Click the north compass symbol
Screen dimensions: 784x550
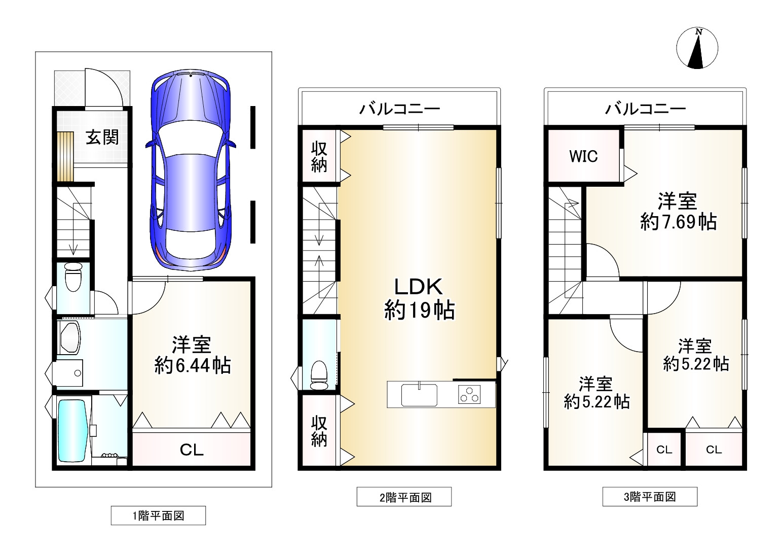point(697,48)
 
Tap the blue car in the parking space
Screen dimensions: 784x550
point(191,169)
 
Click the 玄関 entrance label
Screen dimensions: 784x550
point(102,137)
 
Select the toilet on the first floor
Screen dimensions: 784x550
point(73,277)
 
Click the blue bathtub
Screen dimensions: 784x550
point(72,431)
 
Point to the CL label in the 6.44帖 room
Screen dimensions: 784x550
point(192,450)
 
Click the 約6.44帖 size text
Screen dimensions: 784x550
point(193,365)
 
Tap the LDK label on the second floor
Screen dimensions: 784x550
point(419,287)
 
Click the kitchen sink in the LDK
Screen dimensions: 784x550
point(419,395)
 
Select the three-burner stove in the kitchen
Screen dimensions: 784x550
point(469,394)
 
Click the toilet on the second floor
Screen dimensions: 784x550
point(319,375)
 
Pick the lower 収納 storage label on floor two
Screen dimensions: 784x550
point(319,431)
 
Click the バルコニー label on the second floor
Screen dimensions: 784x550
point(400,109)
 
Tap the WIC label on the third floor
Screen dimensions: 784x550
point(583,157)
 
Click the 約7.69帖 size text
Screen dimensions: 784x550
point(678,222)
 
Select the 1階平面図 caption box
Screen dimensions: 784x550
point(158,515)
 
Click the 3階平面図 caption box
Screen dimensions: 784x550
point(650,496)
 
